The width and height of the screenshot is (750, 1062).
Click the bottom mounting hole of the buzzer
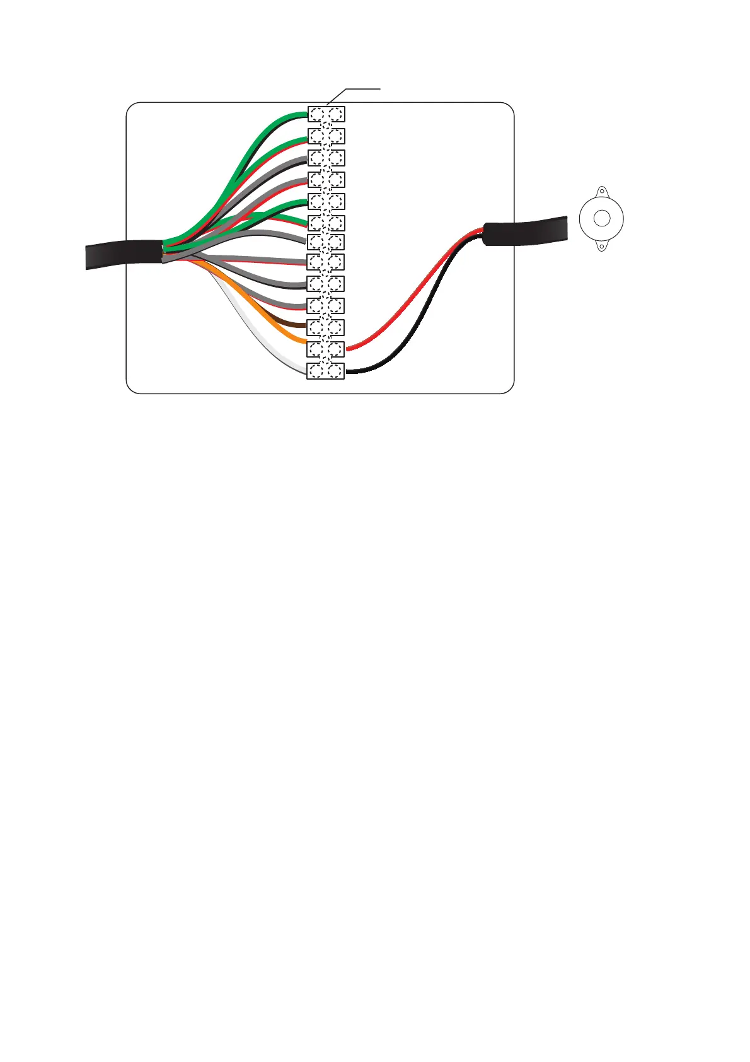602,247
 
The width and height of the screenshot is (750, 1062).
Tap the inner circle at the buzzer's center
602,219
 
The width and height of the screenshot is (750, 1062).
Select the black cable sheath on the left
123,254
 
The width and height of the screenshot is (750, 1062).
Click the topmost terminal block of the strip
326,114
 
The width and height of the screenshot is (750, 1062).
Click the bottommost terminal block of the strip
325,371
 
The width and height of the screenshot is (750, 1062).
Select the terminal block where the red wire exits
325,349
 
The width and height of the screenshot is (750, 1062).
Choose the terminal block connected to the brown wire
325,327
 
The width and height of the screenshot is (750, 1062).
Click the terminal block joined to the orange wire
325,349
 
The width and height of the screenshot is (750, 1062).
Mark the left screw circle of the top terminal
316,114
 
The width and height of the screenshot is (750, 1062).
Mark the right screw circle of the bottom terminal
335,371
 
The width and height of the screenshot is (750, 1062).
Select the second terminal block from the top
326,136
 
